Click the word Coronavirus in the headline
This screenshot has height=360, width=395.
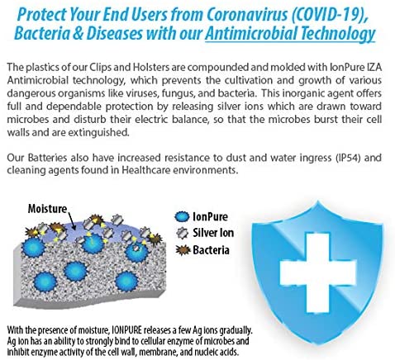pos(246,15)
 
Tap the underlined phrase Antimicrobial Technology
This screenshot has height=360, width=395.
pos(290,34)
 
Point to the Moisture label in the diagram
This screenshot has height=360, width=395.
pos(47,209)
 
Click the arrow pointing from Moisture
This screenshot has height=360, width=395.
pos(71,220)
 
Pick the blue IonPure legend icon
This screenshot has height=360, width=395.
pos(182,217)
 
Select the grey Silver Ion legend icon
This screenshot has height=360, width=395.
pos(182,233)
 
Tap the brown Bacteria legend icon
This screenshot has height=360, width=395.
pos(183,250)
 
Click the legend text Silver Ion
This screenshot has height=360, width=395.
pos(213,233)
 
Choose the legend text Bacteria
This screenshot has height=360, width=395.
pos(211,250)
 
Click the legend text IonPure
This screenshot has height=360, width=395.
pos(210,217)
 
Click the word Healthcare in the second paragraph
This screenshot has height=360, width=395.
pos(145,170)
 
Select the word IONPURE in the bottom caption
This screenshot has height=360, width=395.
pos(127,330)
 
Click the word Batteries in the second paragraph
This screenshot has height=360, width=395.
pos(47,158)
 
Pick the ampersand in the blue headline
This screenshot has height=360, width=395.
pos(79,33)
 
